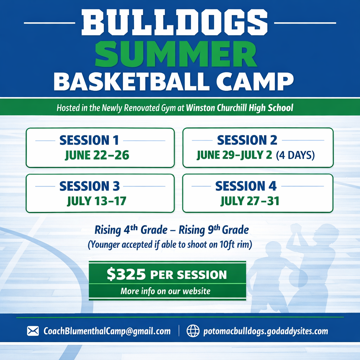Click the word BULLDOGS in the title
pos(175,22)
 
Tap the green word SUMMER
pos(176,54)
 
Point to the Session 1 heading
pos(89,140)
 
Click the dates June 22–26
pos(97,155)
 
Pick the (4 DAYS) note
pos(295,155)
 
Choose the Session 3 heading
pos(90,186)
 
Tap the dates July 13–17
pos(97,201)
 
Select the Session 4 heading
pos(246,186)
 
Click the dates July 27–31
pos(250,201)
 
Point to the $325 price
pos(126,274)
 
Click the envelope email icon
pos(33,331)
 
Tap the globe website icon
pos(193,331)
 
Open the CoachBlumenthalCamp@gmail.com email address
pos(107,331)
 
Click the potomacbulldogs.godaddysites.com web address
pos(266,331)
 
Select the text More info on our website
pos(166,291)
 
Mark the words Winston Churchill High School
pos(240,108)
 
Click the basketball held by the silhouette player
pos(298,278)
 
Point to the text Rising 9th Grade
pos(214,230)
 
